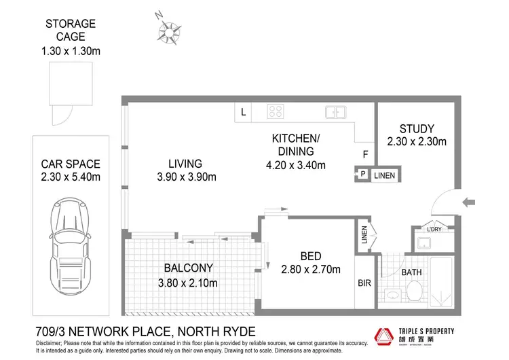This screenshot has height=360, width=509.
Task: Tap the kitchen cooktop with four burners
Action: (276, 112)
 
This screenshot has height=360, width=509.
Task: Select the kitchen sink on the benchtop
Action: (335, 112)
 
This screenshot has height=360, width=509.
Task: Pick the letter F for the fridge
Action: (364, 154)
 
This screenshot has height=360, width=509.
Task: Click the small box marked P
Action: (362, 175)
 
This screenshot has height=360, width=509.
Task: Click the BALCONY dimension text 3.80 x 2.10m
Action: (187, 283)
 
